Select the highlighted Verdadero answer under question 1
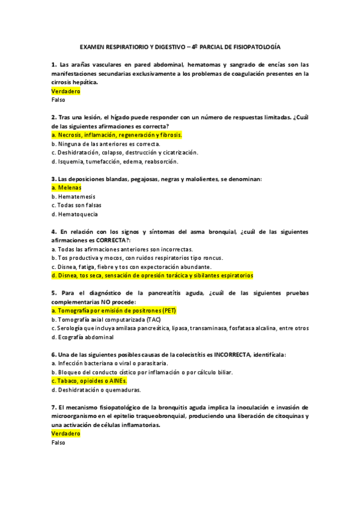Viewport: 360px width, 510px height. point(66,91)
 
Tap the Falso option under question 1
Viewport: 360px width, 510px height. point(59,100)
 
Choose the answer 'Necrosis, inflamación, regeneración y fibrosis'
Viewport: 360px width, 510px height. point(117,135)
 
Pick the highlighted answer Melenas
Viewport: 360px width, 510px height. point(67,188)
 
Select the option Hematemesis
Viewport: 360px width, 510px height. point(73,197)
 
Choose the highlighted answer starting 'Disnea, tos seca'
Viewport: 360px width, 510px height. point(153,275)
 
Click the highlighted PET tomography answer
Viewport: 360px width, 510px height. point(114,311)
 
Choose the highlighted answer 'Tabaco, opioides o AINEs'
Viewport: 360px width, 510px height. point(90,381)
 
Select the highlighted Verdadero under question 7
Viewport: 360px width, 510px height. point(66,434)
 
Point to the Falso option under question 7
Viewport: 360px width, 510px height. point(59,443)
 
